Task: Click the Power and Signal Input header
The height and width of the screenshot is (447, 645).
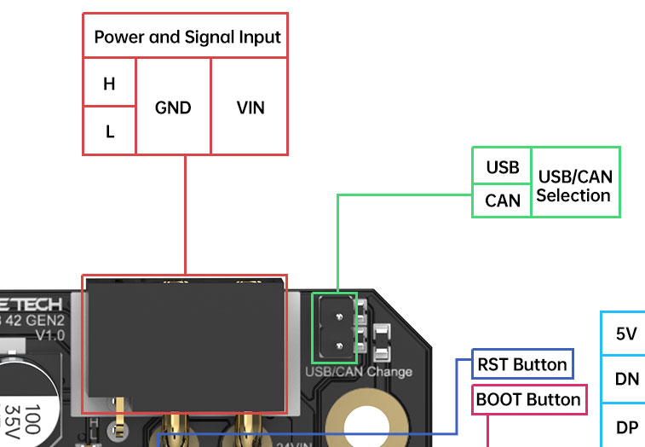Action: [x=186, y=37]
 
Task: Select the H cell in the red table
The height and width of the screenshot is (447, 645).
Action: [x=109, y=84]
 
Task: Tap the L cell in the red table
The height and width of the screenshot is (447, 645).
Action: [x=109, y=131]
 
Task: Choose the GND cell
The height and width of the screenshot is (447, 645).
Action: [x=173, y=107]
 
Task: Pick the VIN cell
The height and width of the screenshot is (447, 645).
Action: [x=250, y=107]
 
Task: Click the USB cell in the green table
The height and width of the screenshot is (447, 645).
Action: [x=502, y=166]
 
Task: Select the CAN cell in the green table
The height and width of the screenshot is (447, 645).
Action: [x=502, y=200]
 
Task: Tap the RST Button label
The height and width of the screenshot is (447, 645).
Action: [x=522, y=365]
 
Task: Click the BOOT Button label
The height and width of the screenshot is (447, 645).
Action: [x=528, y=399]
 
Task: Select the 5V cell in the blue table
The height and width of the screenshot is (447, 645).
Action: [x=626, y=334]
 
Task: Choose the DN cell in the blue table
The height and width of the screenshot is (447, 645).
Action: [x=626, y=380]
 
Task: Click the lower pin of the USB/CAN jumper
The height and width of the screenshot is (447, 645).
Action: [x=339, y=345]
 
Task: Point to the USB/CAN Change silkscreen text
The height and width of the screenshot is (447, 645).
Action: [x=359, y=372]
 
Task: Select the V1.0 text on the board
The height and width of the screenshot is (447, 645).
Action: [x=49, y=335]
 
